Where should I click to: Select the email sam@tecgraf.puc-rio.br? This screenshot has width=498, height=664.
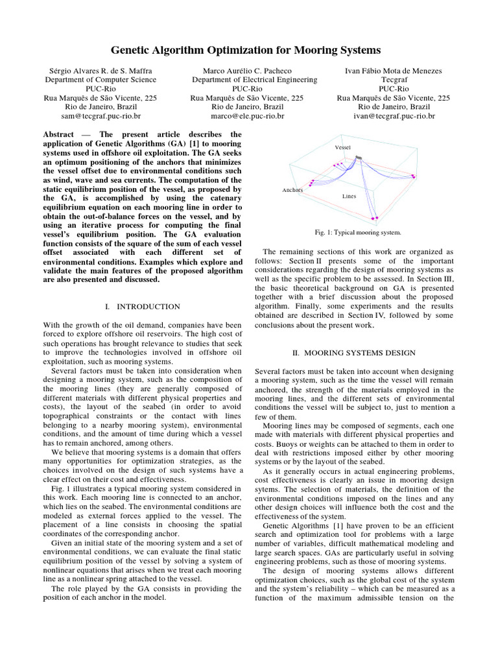[100, 116]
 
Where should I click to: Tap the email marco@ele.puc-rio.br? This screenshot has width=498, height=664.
[248, 116]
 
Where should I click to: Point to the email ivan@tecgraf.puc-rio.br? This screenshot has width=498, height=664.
[394, 116]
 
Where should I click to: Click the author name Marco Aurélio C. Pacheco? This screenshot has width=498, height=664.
[248, 70]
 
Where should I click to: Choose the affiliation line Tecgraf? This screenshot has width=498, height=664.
[394, 80]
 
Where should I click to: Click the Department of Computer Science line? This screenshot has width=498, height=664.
[100, 80]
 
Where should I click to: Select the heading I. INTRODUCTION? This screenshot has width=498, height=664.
[142, 306]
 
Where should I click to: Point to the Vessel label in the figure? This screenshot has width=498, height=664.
[342, 148]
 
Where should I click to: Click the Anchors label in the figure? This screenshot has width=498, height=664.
[292, 190]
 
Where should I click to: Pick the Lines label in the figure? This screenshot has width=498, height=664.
[349, 195]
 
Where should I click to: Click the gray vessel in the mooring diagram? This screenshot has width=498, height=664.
[359, 156]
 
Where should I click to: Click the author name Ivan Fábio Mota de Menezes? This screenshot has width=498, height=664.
[394, 70]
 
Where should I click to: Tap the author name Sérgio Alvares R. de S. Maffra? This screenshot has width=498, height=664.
[100, 70]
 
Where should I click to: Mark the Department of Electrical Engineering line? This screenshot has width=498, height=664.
[248, 80]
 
